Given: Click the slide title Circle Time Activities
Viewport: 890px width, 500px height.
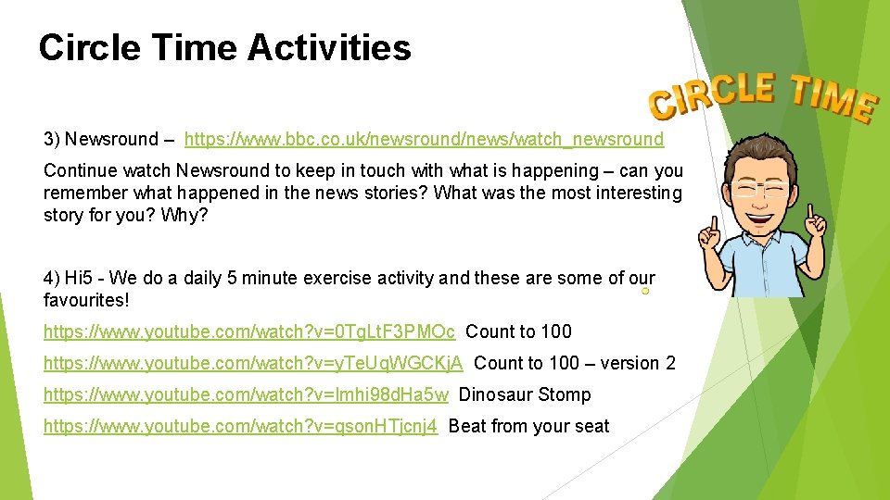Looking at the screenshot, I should pyautogui.click(x=224, y=47).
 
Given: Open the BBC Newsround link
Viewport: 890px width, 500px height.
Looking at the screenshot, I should pyautogui.click(x=424, y=140).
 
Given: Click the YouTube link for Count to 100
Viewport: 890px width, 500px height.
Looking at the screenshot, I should pyautogui.click(x=249, y=331).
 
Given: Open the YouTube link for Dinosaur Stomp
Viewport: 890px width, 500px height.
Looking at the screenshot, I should pyautogui.click(x=246, y=394).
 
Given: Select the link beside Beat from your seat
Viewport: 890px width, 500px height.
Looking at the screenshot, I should pyautogui.click(x=240, y=426).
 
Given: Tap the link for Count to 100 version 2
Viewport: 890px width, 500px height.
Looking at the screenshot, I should pyautogui.click(x=253, y=363).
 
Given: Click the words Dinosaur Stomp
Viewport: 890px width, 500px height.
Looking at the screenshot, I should pyautogui.click(x=525, y=394).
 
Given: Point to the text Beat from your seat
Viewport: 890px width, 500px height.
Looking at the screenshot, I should pyautogui.click(x=528, y=426).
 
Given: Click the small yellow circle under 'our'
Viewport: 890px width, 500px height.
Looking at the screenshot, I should pyautogui.click(x=644, y=292).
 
